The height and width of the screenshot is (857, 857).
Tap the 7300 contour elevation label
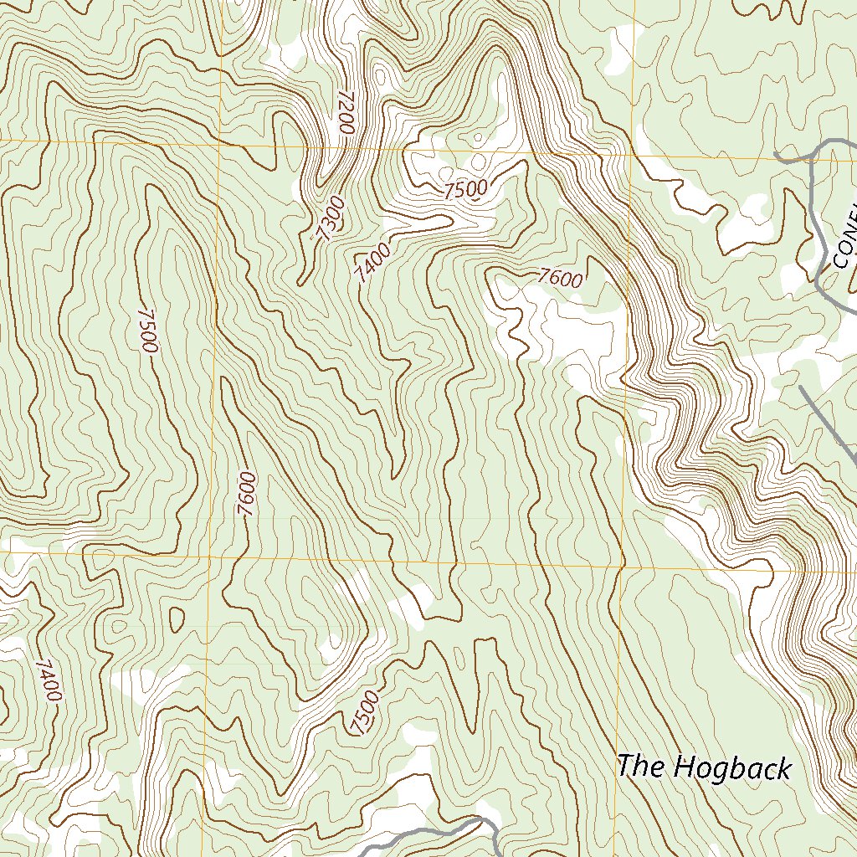[x=330, y=219]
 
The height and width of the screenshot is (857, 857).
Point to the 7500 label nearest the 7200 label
[x=465, y=189]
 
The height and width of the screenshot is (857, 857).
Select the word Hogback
[x=732, y=767]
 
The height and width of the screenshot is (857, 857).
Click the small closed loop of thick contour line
[x=177, y=618]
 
